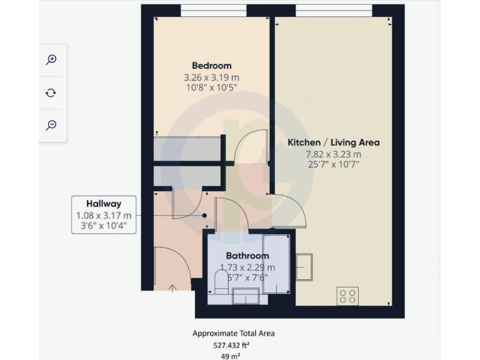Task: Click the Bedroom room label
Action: [x=211, y=66]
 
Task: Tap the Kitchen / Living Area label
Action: [x=333, y=142]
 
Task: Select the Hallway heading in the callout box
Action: [x=104, y=203]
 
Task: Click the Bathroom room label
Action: [x=247, y=256]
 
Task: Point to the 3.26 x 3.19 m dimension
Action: [x=211, y=77]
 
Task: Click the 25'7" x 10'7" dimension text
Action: [x=333, y=165]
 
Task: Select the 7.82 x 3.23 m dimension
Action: [x=333, y=154]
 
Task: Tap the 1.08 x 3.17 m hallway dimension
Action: [x=104, y=215]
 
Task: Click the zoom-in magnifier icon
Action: [x=51, y=59]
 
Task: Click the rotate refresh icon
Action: [x=51, y=92]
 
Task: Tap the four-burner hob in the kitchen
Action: [x=347, y=296]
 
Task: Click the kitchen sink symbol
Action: [x=304, y=267]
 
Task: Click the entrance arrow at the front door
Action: [x=172, y=287]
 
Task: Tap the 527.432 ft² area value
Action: [x=233, y=344]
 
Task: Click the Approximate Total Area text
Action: [x=233, y=333]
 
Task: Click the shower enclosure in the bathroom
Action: [x=276, y=263]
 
